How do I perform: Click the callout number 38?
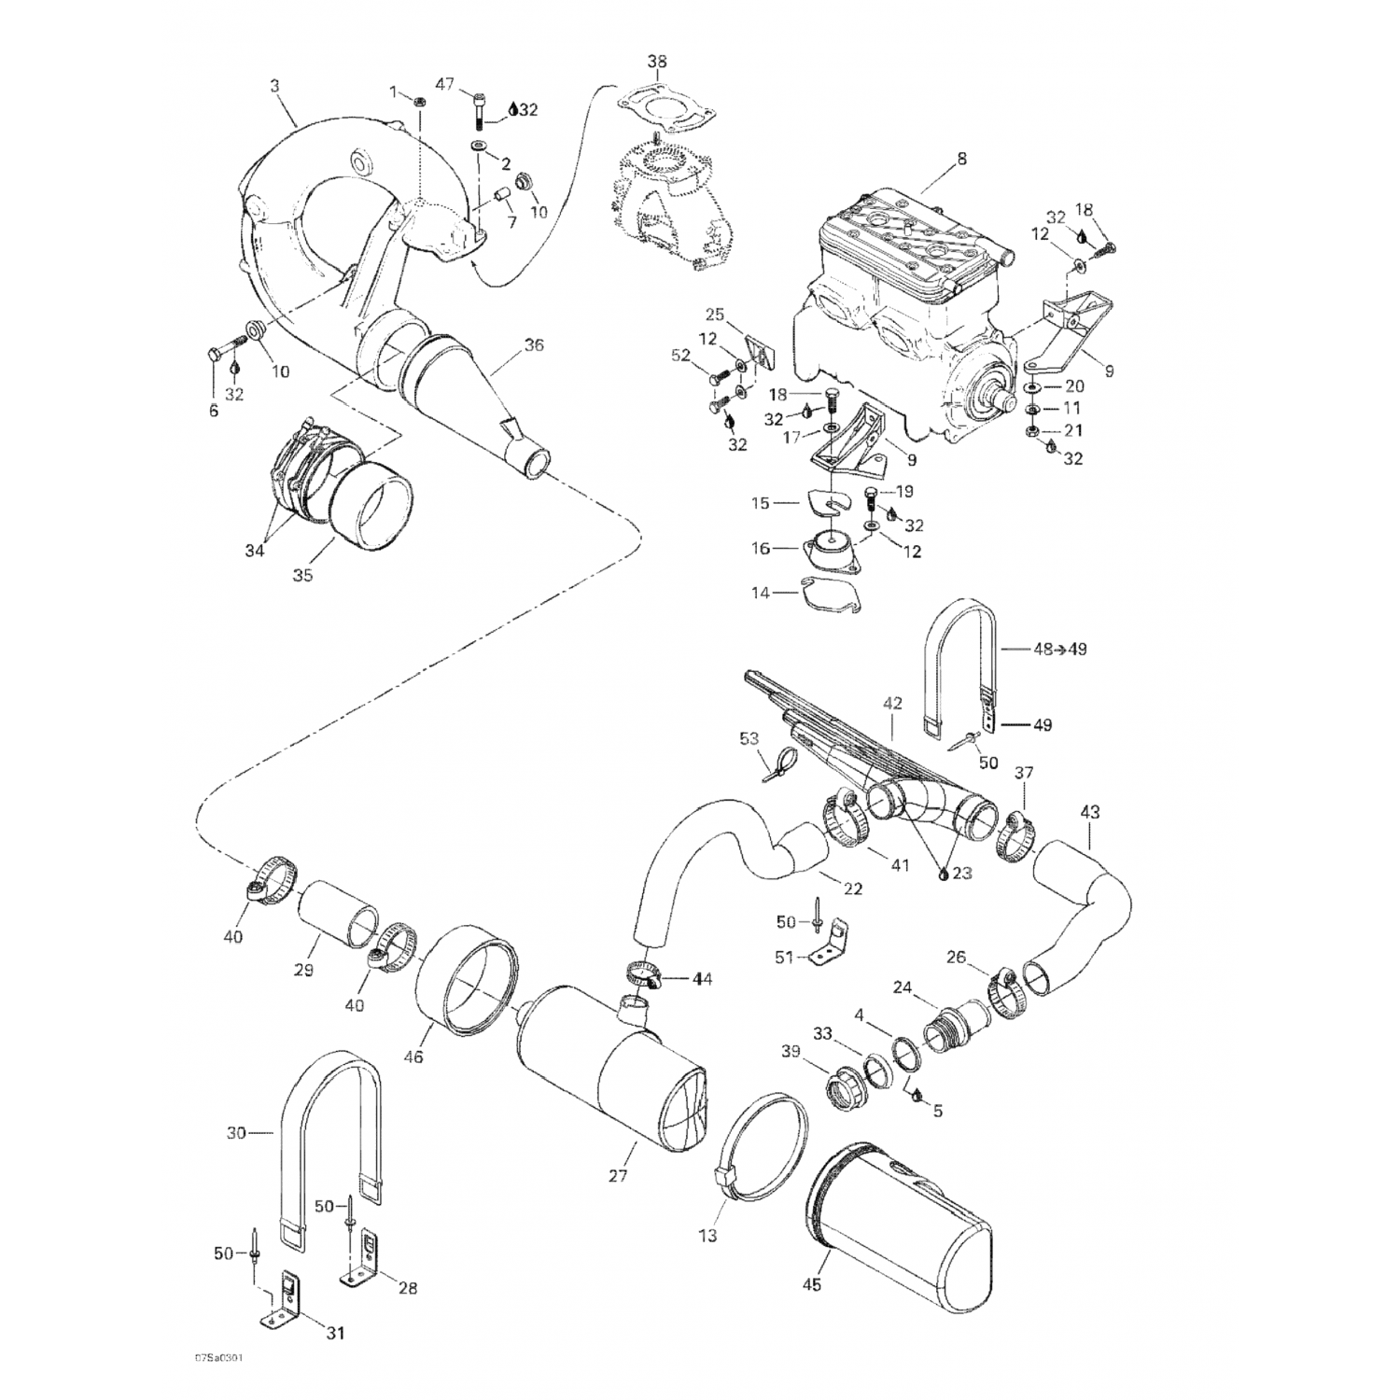coord(657,63)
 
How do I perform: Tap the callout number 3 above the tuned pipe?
coord(274,86)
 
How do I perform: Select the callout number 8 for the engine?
coord(961,159)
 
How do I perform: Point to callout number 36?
coord(533,345)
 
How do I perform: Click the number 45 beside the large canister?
coord(812,1284)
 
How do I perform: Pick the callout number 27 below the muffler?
coord(618,1175)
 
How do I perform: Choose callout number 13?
coord(707,1236)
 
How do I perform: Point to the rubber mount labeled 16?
coord(828,550)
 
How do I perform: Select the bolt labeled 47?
coord(480,110)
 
